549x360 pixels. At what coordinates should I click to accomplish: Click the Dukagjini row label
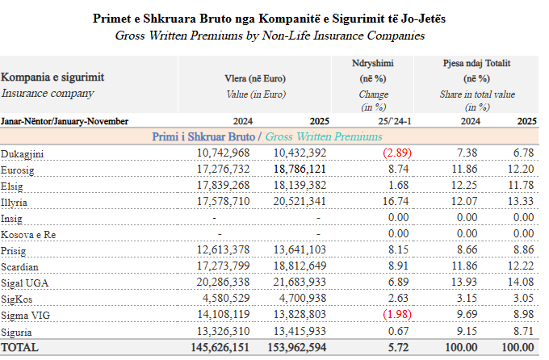point(23,153)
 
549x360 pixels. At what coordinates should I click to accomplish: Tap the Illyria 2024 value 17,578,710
point(223,202)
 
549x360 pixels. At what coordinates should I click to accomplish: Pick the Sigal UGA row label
point(26,283)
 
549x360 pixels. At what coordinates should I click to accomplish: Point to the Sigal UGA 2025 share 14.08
point(520,283)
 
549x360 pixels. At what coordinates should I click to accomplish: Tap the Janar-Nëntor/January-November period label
point(65,121)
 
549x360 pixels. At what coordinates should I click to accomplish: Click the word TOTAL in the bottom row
point(23,348)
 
